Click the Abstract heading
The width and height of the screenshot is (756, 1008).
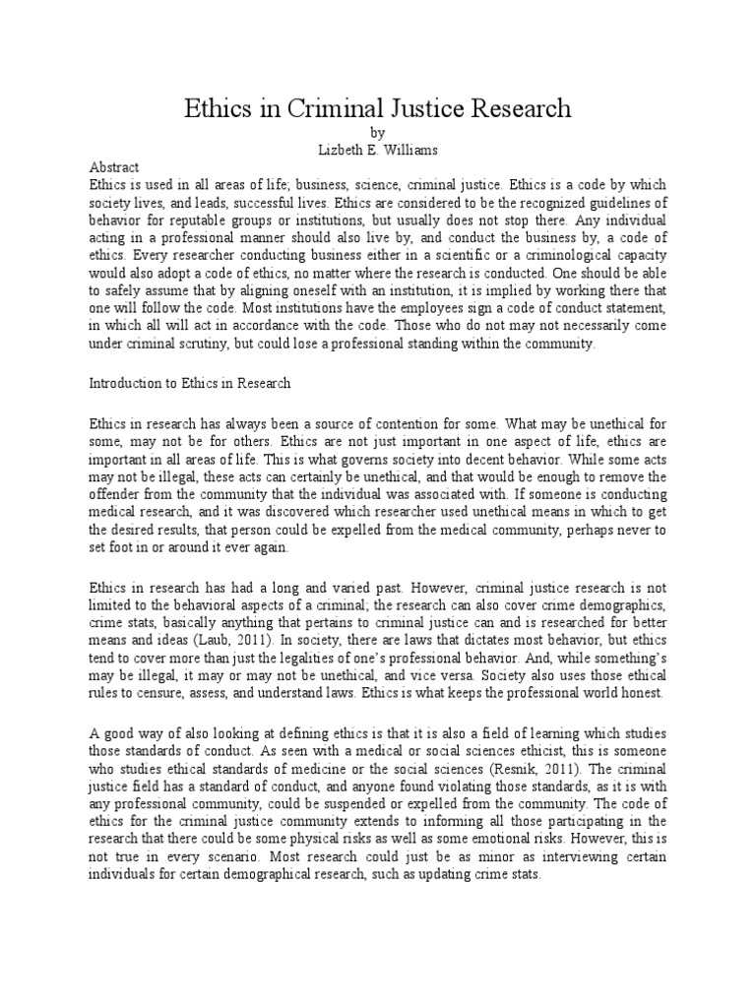pos(115,167)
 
